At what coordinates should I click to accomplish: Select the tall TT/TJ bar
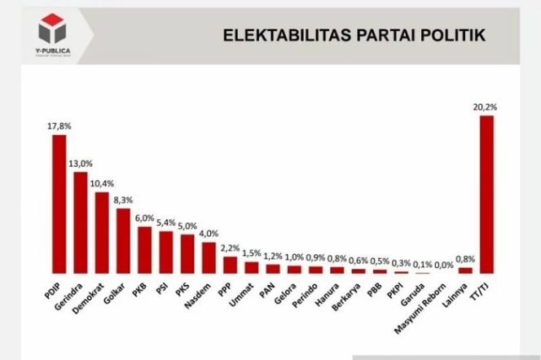pos(486,194)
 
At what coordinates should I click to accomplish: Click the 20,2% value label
pos(486,107)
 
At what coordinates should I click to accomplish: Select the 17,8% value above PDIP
pos(59,125)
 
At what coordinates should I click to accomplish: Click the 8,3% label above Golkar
pos(123,199)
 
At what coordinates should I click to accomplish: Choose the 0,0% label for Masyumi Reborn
pos(444,265)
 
